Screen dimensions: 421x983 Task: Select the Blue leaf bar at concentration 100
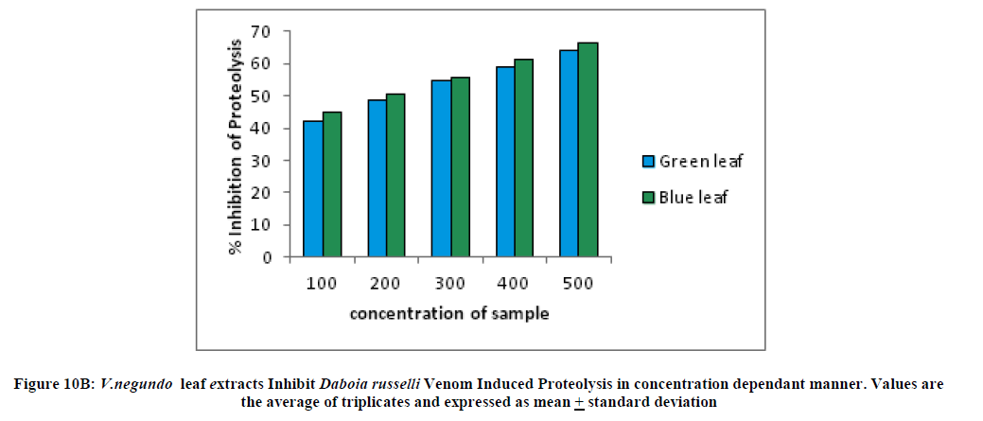pyautogui.click(x=331, y=184)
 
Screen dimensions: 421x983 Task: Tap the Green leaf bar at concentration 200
pyautogui.click(x=377, y=179)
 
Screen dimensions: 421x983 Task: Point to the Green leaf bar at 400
pyautogui.click(x=505, y=162)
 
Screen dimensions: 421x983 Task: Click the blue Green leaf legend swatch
pyautogui.click(x=648, y=161)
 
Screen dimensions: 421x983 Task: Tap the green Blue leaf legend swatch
pyautogui.click(x=648, y=197)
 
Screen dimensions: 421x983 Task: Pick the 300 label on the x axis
pyautogui.click(x=449, y=283)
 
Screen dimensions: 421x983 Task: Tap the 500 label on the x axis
pyautogui.click(x=578, y=283)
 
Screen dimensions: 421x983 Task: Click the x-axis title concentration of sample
pyautogui.click(x=449, y=313)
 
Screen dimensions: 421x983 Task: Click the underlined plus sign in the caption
pyautogui.click(x=578, y=401)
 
